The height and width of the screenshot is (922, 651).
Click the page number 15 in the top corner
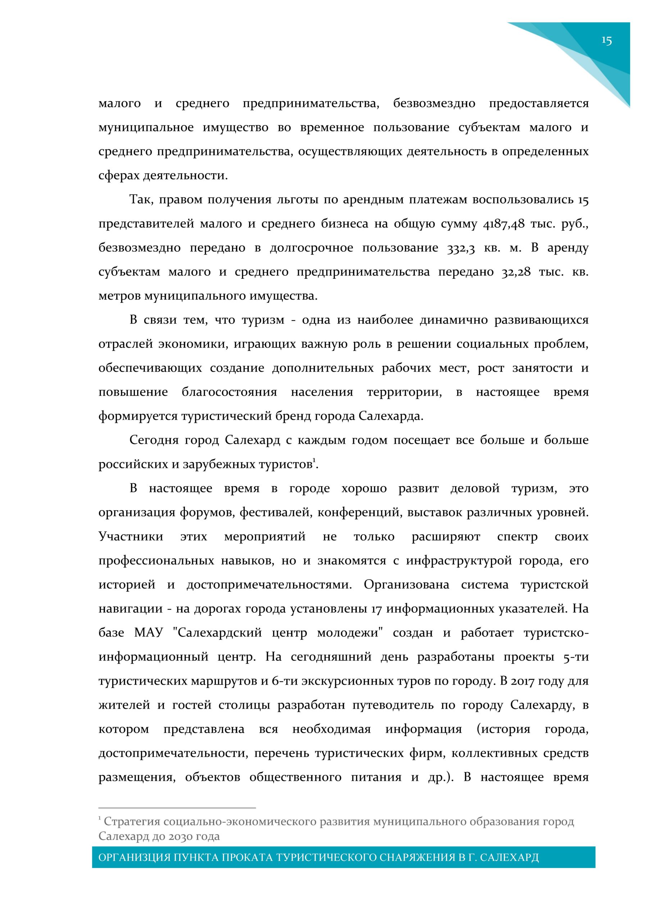(x=606, y=41)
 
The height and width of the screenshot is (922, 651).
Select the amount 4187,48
(x=504, y=224)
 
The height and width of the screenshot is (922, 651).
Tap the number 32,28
(x=516, y=272)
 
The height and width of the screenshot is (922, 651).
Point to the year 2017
(x=523, y=681)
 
